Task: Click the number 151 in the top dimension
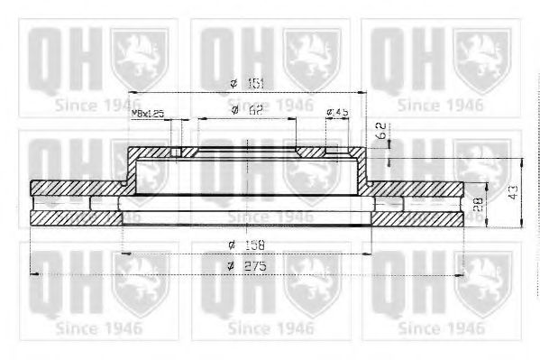coord(258,83)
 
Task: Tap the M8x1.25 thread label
coord(149,114)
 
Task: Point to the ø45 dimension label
coord(339,111)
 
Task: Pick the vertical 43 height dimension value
coord(511,191)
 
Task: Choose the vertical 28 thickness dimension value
coord(478,205)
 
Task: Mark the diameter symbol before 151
coord(233,84)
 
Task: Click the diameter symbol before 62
coord(233,111)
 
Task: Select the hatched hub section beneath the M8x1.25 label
coord(154,153)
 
